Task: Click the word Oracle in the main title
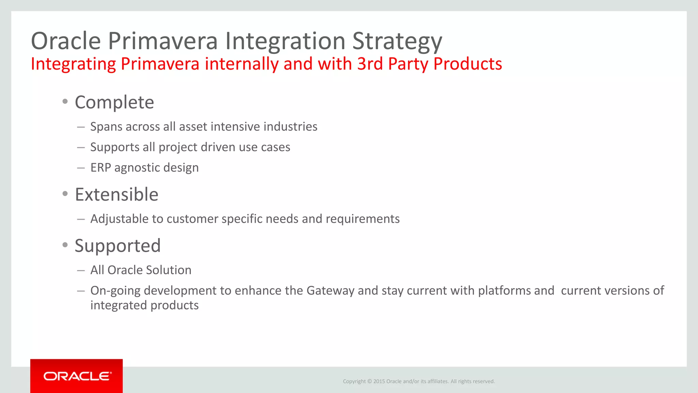click(66, 41)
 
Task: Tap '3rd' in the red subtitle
click(370, 64)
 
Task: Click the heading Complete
click(114, 102)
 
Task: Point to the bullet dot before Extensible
click(65, 194)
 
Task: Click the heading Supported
click(118, 246)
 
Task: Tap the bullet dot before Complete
click(65, 101)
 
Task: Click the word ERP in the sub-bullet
click(101, 168)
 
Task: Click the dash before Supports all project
click(81, 148)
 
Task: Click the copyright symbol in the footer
click(369, 381)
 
